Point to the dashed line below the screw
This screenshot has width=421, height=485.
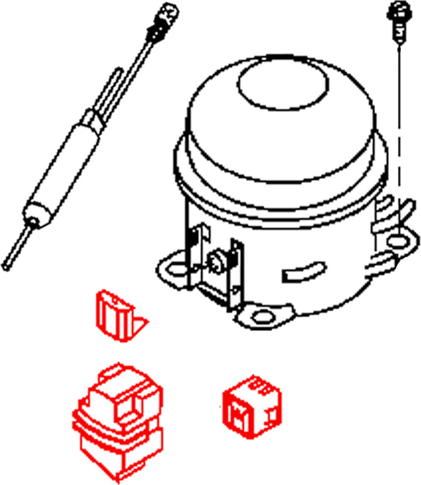coord(399,123)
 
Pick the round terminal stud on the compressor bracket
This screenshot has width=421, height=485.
coord(215,260)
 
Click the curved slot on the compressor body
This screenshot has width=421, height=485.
coord(301,272)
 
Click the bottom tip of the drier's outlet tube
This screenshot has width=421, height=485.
coord(6,265)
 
